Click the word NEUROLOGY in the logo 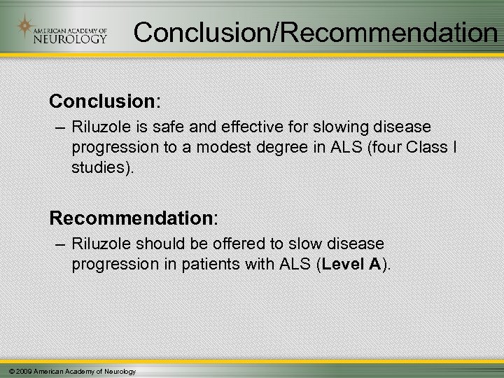click(x=70, y=38)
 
